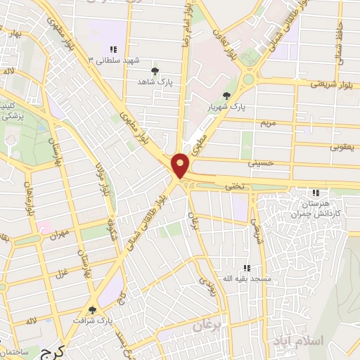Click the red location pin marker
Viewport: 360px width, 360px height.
pyautogui.click(x=181, y=165)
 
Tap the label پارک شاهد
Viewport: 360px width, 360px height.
pyautogui.click(x=155, y=82)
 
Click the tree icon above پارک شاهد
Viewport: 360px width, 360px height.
pyautogui.click(x=155, y=71)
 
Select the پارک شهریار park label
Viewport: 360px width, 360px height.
pyautogui.click(x=226, y=108)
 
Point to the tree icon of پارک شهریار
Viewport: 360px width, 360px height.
pyautogui.click(x=226, y=96)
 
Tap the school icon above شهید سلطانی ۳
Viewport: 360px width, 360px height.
pyautogui.click(x=112, y=49)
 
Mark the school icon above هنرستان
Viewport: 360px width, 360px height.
pyautogui.click(x=316, y=192)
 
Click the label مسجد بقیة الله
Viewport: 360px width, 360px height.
pyautogui.click(x=247, y=279)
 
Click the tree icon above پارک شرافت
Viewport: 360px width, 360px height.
pyautogui.click(x=92, y=310)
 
